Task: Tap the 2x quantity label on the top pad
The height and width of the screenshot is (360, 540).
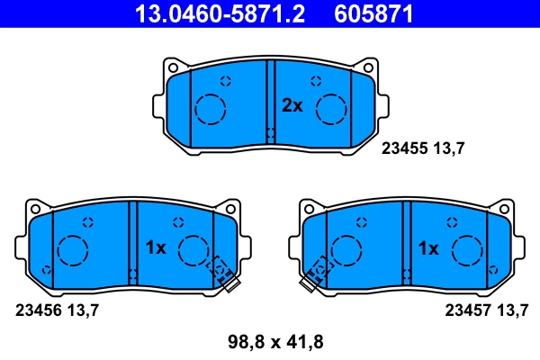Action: [x=292, y=105]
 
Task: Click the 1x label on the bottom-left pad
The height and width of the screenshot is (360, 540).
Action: [x=156, y=247]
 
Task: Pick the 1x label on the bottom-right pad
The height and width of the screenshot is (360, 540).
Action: [x=428, y=247]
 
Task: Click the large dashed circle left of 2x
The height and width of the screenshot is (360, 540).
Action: [x=211, y=109]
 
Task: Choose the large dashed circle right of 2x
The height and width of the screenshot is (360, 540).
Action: [x=332, y=109]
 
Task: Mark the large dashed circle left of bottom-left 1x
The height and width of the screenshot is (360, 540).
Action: [x=72, y=250]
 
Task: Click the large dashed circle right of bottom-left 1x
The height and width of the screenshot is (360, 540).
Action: [x=193, y=250]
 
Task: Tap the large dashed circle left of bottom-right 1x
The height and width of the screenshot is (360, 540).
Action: [x=346, y=250]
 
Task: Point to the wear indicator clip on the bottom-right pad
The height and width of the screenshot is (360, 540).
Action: [x=316, y=274]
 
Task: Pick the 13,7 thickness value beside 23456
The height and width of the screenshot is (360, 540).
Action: [x=82, y=310]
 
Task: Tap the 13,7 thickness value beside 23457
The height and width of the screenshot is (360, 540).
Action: [x=512, y=310]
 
